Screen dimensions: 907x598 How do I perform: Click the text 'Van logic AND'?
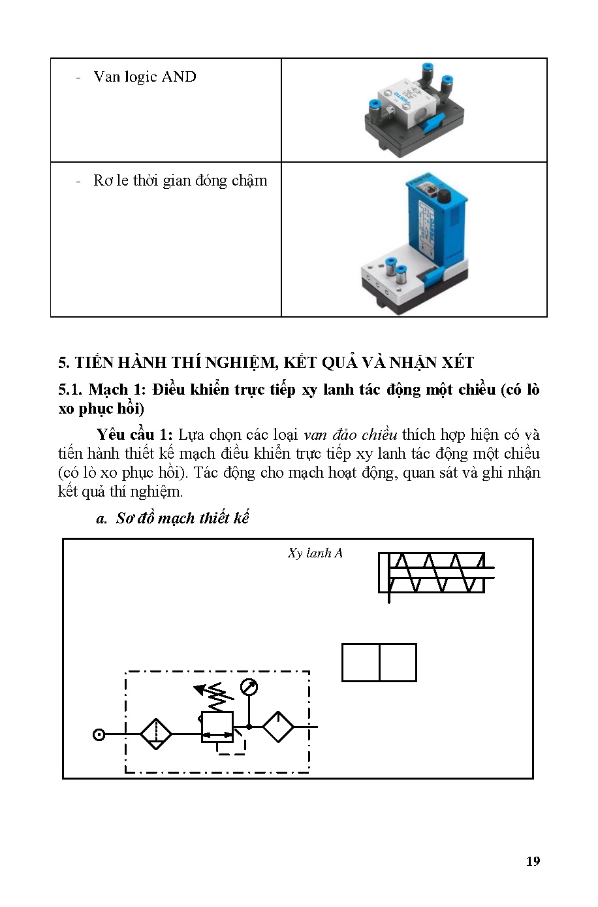click(144, 77)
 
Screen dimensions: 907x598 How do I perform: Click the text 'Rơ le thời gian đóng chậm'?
click(180, 181)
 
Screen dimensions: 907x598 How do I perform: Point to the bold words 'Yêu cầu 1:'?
click(134, 435)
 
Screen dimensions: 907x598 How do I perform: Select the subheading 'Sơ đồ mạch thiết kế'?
click(182, 518)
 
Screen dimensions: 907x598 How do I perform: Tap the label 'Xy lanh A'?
click(315, 553)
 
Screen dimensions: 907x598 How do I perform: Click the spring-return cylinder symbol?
click(433, 573)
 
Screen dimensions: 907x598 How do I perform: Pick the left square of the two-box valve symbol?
click(361, 663)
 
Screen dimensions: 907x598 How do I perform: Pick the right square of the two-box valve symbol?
click(398, 663)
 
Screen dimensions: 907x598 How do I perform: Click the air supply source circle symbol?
click(99, 734)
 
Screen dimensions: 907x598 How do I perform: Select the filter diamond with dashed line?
click(156, 734)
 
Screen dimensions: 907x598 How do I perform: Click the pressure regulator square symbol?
click(217, 727)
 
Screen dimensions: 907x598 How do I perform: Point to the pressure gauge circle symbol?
click(249, 687)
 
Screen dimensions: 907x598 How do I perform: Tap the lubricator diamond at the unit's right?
click(278, 727)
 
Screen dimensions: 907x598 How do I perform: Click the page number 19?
click(533, 861)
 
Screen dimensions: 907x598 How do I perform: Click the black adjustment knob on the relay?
click(445, 195)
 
